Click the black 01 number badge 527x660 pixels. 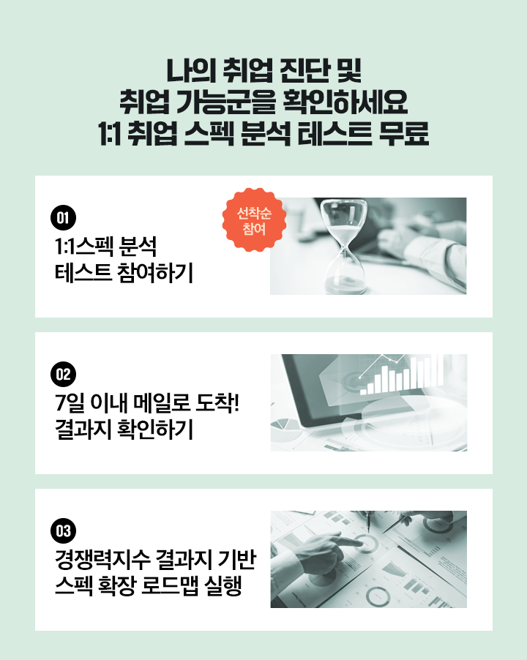63,217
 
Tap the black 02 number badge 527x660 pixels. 63,374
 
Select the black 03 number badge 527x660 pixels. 63,530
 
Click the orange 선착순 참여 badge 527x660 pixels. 254,220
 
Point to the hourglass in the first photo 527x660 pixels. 344,247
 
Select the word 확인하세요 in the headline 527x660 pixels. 345,102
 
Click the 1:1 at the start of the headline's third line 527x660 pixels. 109,133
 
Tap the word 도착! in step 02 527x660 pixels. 217,403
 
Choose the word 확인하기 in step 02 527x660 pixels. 155,430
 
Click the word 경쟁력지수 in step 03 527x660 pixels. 102,560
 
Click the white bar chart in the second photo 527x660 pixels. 401,375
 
